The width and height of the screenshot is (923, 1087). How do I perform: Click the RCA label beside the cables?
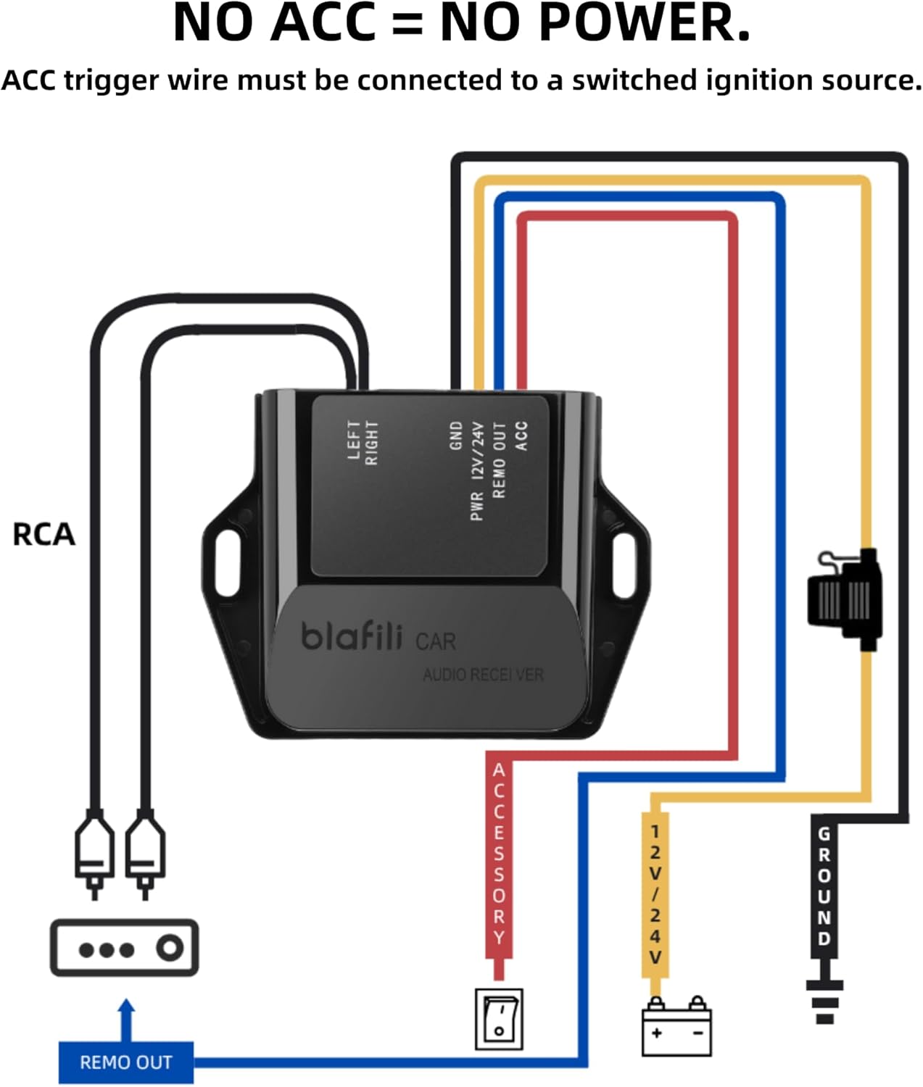pos(44,534)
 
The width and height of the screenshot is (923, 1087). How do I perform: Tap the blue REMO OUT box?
pos(125,1062)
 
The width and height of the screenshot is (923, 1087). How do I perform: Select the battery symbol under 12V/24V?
pos(676,1028)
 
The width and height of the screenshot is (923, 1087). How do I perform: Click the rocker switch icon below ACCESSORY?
pos(499,1020)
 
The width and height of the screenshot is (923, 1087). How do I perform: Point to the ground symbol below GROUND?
pos(825,1000)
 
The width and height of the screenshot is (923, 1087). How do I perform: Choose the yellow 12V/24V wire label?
pos(655,895)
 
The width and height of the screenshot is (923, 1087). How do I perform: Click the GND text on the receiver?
pos(456,436)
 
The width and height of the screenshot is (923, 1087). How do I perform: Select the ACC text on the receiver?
pos(521,436)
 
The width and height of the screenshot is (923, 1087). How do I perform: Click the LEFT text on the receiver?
pos(354,440)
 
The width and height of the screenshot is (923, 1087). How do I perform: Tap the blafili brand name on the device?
pos(352,636)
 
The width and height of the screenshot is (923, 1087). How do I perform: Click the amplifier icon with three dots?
pos(124,948)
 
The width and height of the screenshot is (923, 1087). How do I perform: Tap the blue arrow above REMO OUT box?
pos(126,1018)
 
